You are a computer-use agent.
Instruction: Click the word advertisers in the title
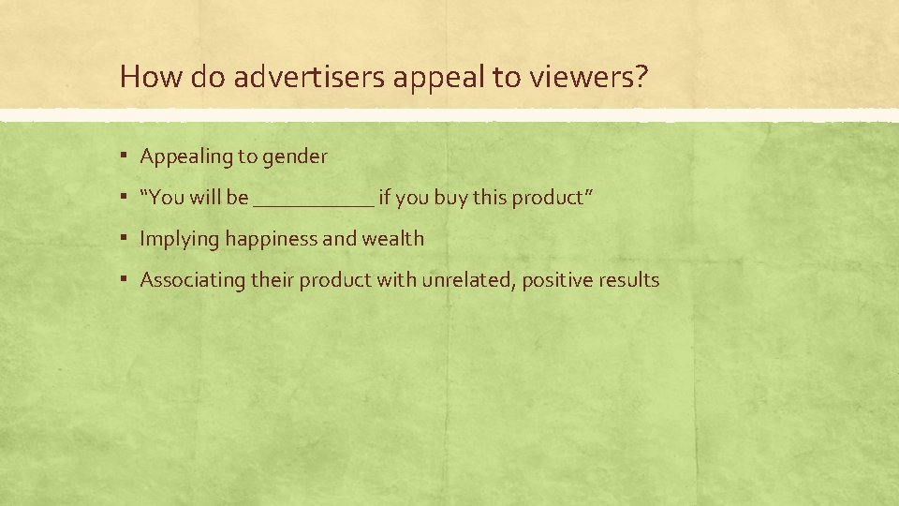[309, 77]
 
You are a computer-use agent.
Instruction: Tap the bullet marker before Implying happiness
[125, 239]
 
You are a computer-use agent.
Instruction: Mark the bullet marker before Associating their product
[125, 280]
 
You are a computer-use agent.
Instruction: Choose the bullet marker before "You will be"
[125, 198]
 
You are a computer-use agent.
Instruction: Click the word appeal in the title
[429, 77]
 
